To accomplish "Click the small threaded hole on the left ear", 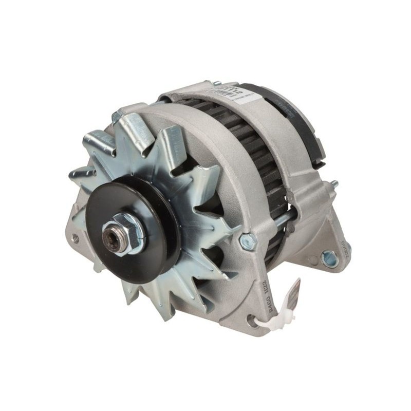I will [x=76, y=238].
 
